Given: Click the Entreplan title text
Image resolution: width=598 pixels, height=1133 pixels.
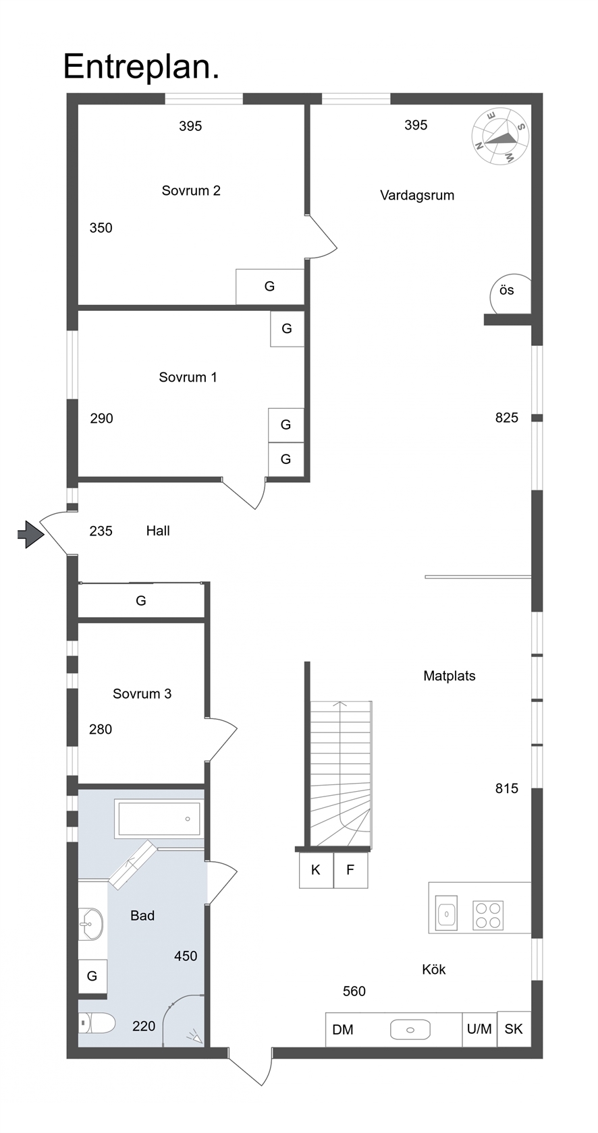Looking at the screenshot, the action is tap(141, 67).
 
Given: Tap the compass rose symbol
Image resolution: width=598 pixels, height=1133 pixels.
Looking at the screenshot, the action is tap(499, 136).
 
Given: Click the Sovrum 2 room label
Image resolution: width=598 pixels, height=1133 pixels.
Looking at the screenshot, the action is tap(191, 191).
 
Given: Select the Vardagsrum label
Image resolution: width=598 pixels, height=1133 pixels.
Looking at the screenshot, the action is tap(416, 196).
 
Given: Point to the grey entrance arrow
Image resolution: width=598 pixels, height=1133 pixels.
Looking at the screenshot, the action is tap(31, 534).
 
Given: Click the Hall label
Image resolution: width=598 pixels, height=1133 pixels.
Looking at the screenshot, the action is tap(158, 531).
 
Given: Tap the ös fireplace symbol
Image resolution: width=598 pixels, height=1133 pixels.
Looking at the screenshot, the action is tap(510, 294).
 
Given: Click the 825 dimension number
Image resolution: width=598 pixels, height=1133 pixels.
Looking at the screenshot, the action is tap(506, 418).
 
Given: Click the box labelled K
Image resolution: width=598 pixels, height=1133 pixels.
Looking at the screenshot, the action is tap(316, 870).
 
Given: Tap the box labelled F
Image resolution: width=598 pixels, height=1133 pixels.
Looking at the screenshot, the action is tap(350, 870).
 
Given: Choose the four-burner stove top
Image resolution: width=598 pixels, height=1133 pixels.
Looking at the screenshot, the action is tap(488, 916).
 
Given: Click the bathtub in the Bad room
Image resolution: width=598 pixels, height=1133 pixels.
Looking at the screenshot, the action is tap(159, 819).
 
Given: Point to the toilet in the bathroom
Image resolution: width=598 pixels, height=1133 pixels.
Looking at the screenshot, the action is tap(97, 1022).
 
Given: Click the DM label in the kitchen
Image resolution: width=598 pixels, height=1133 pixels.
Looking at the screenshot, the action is tap(343, 1030).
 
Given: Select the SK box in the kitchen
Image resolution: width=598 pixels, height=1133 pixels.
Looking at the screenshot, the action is tap(514, 1029).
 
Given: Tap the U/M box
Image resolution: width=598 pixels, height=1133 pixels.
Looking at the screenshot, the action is tap(479, 1029).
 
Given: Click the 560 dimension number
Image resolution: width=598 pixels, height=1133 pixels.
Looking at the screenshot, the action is tap(354, 991).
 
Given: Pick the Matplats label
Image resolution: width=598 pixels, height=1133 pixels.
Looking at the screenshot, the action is tap(449, 676).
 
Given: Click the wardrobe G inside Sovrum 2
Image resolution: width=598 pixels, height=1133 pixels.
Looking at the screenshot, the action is tap(270, 287).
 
